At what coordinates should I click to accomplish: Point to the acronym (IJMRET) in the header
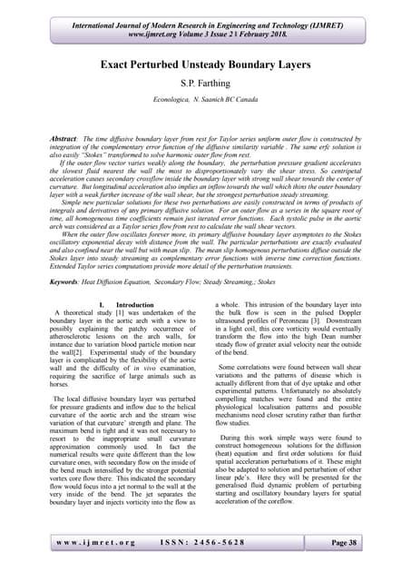point(342,17)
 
